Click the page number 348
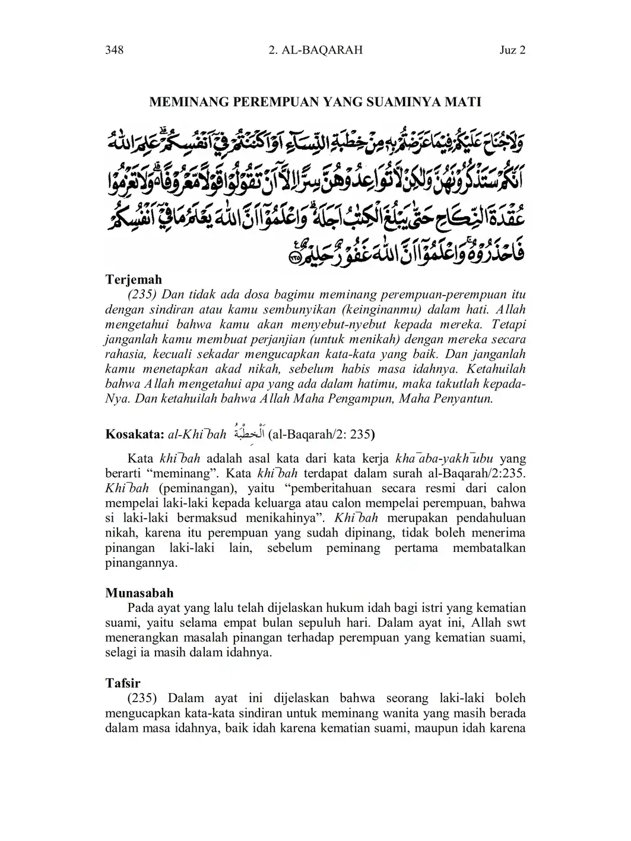tap(114, 50)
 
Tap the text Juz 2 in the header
tap(512, 50)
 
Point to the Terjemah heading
tap(134, 279)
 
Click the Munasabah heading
tap(139, 592)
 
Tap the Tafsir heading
tap(122, 683)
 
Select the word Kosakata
tap(134, 434)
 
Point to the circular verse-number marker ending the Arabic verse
tap(294, 258)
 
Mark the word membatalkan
tap(489, 548)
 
